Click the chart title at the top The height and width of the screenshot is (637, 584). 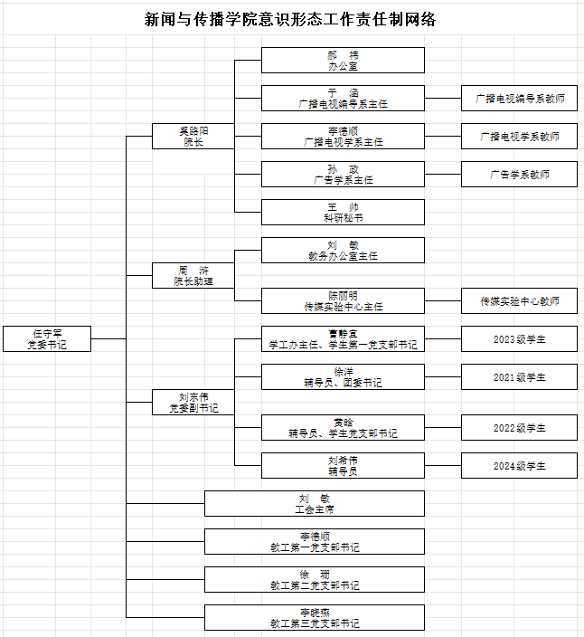point(291,19)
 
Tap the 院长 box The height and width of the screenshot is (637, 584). point(193,136)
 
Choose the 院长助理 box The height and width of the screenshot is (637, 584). point(193,275)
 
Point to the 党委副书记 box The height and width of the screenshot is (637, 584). point(193,402)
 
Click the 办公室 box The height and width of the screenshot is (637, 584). point(343,60)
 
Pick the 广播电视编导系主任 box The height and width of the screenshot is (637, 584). point(343,98)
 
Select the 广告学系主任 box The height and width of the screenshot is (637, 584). point(343,174)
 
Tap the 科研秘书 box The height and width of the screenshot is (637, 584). point(343,212)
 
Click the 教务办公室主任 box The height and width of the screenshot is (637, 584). point(343,250)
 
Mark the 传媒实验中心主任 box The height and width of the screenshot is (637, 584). point(343,300)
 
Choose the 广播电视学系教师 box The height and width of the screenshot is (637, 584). point(519,136)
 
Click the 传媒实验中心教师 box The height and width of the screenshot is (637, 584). point(519,300)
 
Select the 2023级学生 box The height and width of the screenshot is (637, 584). point(519,338)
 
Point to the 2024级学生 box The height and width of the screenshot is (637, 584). point(519,465)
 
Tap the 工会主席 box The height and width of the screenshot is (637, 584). point(315,503)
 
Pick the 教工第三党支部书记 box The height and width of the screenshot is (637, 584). point(315,617)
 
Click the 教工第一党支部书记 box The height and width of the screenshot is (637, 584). point(315,541)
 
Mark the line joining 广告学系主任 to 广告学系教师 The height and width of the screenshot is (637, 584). point(443,174)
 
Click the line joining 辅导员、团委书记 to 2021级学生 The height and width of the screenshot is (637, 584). point(443,376)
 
